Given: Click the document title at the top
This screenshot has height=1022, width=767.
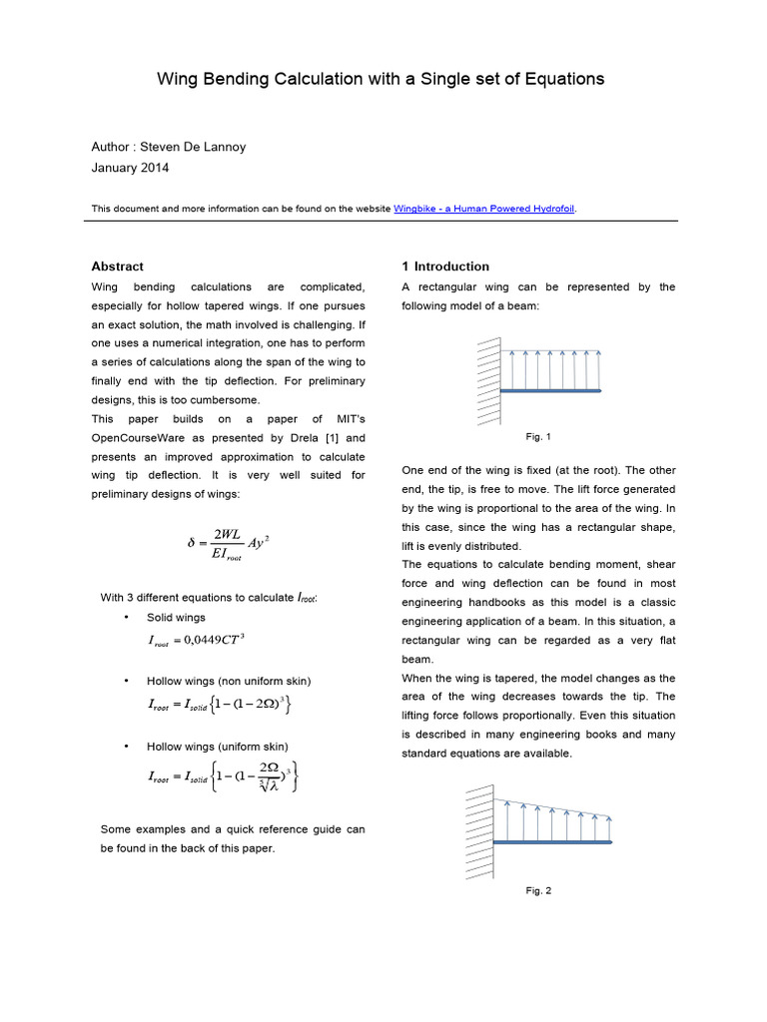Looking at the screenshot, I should point(381,79).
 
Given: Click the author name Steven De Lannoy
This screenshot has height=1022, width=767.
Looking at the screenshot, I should point(169,147).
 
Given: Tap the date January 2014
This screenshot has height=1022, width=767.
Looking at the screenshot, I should point(130,168).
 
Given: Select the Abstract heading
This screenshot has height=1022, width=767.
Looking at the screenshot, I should point(117,266).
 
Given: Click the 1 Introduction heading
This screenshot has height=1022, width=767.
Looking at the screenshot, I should point(445,266).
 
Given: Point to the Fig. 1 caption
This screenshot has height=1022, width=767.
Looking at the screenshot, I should point(538,437).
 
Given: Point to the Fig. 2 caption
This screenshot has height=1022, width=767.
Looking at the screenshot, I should point(538,890).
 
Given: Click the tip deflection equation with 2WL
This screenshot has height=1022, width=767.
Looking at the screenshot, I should point(229,544).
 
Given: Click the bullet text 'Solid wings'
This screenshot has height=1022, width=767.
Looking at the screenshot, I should point(176,617).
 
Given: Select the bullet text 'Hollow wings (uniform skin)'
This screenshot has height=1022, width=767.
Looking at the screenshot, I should point(219,746).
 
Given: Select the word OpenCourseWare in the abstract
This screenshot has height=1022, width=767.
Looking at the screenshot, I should point(141,438).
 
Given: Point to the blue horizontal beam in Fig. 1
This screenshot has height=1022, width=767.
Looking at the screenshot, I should point(551,390).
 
